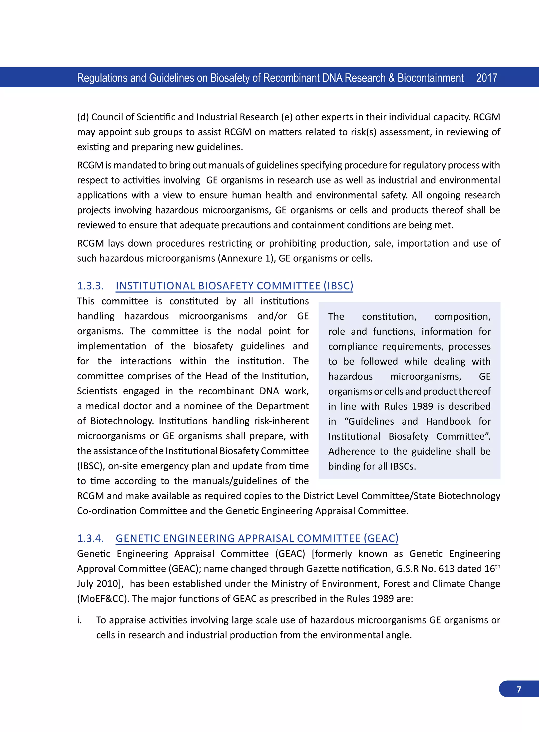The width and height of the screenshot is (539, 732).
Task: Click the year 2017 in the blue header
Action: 486,78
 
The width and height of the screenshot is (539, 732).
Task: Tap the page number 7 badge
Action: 519,689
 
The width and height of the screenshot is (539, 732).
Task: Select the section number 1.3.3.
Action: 90,286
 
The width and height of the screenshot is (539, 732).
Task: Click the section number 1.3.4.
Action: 90,538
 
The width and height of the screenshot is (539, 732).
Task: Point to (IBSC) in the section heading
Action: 338,286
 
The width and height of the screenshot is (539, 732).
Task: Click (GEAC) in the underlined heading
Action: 381,538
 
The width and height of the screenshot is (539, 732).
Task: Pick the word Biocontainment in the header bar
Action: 430,78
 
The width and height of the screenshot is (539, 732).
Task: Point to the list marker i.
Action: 79,620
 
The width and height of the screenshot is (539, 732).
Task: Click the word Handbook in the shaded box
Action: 448,421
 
